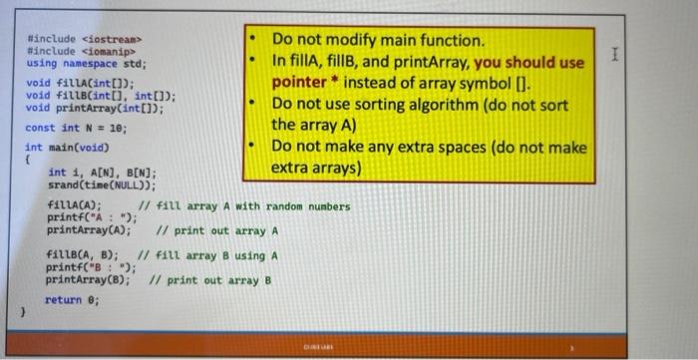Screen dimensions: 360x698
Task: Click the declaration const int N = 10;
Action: [x=76, y=128]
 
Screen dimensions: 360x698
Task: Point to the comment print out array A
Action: [x=216, y=230]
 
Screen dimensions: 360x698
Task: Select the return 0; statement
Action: [x=72, y=300]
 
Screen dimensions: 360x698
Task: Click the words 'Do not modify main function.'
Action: [x=379, y=41]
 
